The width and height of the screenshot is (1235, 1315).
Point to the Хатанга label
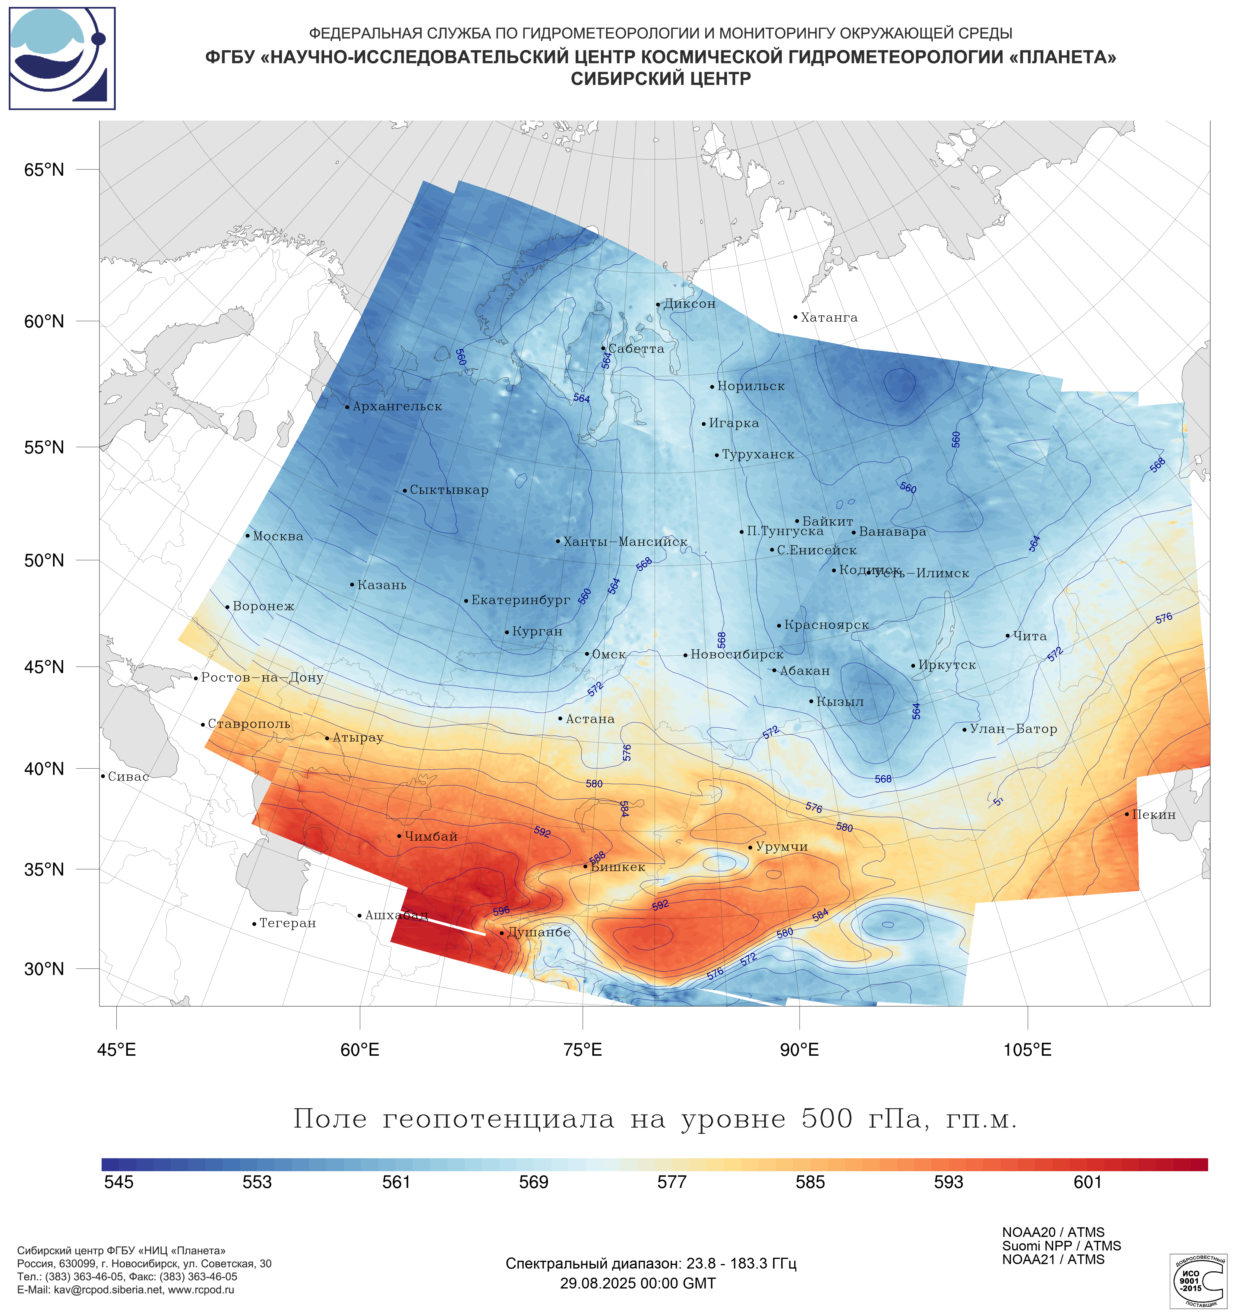(x=829, y=317)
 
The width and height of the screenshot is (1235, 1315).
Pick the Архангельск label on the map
(x=397, y=406)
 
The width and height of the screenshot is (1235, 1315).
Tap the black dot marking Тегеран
(x=254, y=924)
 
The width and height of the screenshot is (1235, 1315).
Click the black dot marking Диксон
(x=658, y=305)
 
